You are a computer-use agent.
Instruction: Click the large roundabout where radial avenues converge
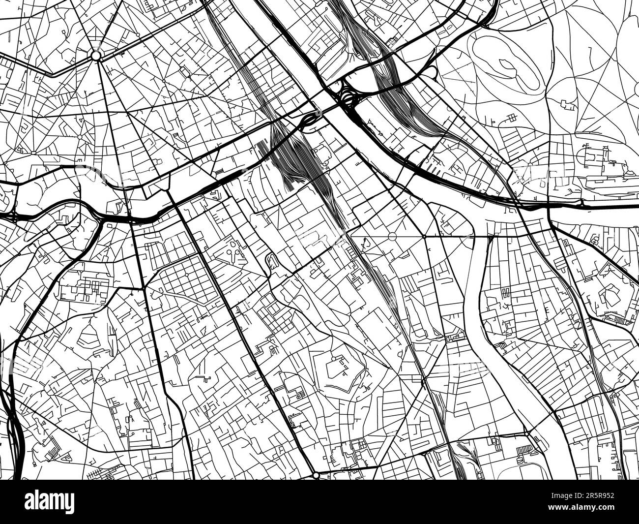point(96,55)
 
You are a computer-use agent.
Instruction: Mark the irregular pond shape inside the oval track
point(506,64)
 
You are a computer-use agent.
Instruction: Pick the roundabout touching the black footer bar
point(315,475)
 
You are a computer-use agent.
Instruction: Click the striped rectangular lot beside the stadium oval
point(525,448)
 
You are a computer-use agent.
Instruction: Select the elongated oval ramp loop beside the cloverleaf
point(311,118)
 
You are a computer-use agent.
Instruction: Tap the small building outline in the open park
point(569,104)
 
